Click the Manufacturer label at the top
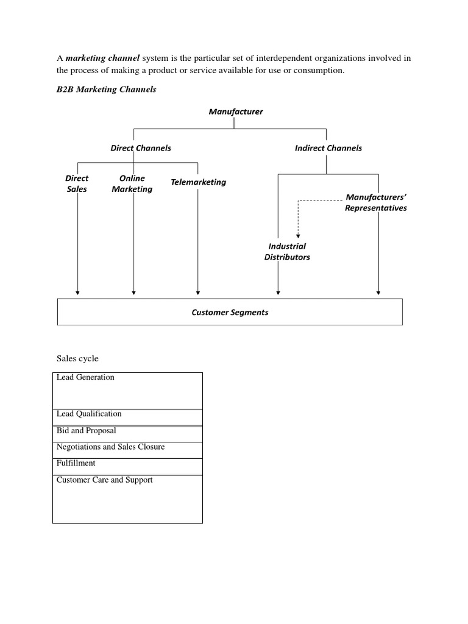point(236,112)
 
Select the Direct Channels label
point(141,148)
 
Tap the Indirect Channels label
point(328,148)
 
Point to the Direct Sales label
point(77,183)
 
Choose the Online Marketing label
point(132,183)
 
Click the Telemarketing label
point(198,182)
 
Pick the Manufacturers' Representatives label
point(375,202)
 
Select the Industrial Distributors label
point(287,252)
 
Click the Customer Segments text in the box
point(230,313)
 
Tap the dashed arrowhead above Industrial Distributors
point(298,235)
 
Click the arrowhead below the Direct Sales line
point(77,293)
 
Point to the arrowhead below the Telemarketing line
point(198,293)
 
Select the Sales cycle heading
point(77,358)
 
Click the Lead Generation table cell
point(127,390)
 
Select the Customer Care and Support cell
point(127,498)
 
